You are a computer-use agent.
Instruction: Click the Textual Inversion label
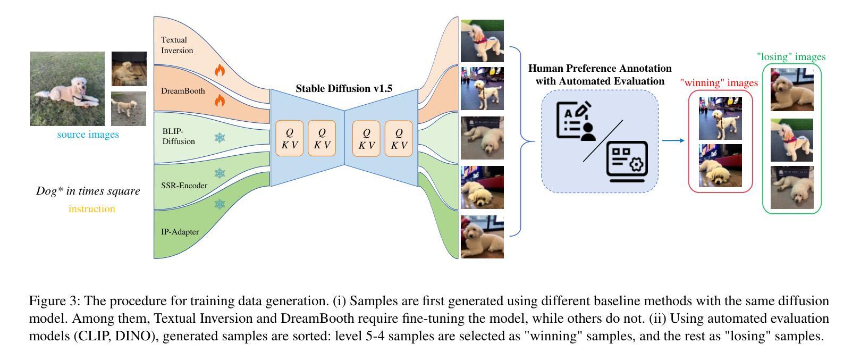[177, 45]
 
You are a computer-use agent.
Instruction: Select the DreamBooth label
[183, 91]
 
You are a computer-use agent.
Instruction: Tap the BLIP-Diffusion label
[179, 136]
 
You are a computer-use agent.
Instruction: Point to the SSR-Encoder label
[184, 186]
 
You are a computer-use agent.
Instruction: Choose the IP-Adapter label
[180, 232]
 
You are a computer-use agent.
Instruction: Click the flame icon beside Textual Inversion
[220, 70]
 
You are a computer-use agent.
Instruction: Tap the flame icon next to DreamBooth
[220, 99]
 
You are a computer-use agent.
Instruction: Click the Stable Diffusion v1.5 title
[344, 89]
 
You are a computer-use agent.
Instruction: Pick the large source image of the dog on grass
[67, 89]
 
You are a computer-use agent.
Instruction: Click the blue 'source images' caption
[88, 135]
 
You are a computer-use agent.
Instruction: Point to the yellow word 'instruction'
[91, 209]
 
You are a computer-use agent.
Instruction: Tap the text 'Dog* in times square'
[88, 191]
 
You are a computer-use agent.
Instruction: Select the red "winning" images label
[719, 83]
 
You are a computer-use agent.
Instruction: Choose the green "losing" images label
[791, 57]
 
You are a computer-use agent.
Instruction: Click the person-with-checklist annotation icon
[576, 121]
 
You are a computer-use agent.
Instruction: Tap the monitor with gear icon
[627, 161]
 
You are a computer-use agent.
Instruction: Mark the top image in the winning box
[720, 118]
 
